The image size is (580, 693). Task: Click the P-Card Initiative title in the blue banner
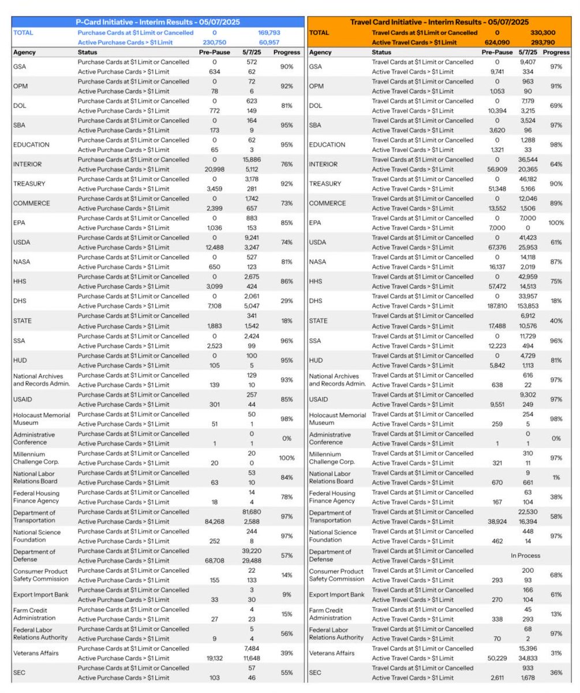pos(158,22)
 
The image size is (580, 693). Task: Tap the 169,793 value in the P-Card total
pos(269,33)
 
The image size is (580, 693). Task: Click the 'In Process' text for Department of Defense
pos(525,556)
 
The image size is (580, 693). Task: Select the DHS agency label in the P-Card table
pos(20,301)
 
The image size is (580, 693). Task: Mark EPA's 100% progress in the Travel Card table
pos(556,223)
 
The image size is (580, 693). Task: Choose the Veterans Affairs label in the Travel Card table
pos(334,653)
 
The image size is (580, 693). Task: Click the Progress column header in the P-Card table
pos(287,52)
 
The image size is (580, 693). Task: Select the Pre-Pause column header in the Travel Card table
pos(497,52)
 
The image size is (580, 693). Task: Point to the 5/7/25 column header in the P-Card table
pos(252,52)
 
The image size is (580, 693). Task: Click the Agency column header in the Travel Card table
pos(320,52)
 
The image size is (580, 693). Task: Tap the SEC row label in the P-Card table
pos(19,673)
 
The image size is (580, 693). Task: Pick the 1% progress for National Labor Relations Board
pos(556,477)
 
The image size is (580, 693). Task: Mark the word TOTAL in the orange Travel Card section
pos(319,33)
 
